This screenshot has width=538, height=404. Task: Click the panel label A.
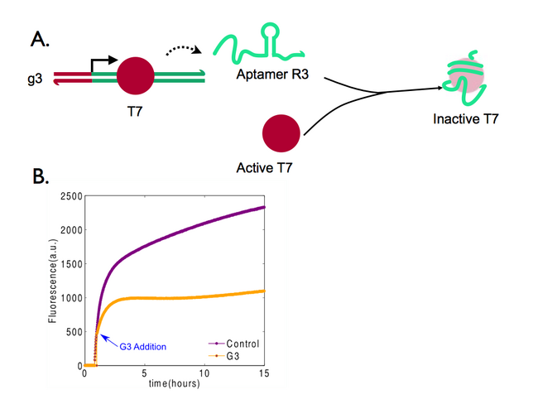[38, 39]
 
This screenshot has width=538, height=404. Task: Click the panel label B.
[38, 177]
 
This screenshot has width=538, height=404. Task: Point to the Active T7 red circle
[281, 134]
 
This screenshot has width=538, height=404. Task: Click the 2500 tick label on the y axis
[71, 195]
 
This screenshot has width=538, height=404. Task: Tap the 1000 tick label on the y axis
[71, 297]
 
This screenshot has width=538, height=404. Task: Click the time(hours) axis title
[175, 384]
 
